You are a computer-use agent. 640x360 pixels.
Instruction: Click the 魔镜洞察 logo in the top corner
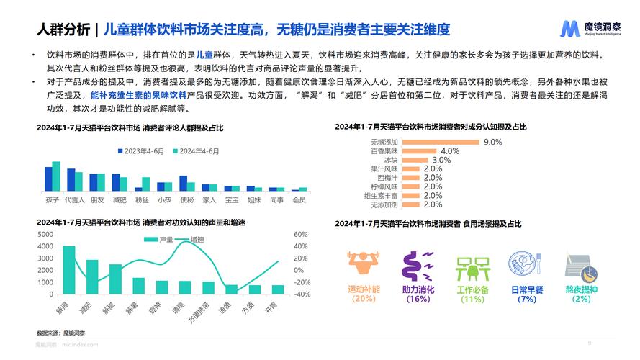point(590,29)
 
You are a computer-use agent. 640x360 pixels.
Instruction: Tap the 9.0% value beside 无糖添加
point(492,142)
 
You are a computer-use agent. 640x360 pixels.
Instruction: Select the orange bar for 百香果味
point(419,151)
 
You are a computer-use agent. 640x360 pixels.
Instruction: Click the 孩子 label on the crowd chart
point(52,199)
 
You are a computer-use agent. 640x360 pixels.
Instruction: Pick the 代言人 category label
point(74,199)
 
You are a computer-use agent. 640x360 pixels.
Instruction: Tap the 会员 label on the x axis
point(298,199)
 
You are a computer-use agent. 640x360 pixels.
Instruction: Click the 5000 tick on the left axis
point(44,235)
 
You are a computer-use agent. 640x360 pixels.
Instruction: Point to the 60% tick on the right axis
point(301,235)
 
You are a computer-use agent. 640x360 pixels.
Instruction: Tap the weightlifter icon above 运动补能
point(362,265)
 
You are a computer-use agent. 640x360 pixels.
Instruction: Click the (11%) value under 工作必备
point(472,299)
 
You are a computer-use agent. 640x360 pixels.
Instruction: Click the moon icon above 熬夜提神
point(578,265)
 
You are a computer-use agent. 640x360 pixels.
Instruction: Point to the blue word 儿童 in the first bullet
point(204,54)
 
